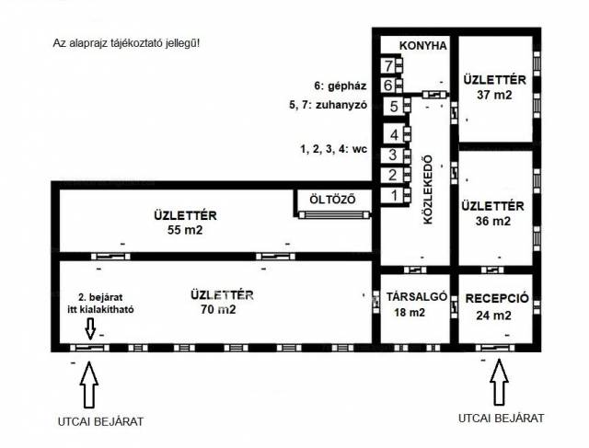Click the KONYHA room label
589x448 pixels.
423,45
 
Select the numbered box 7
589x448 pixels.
389,65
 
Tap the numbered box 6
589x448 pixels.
389,86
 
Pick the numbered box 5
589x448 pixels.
394,106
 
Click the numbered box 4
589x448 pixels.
393,135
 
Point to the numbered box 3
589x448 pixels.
393,155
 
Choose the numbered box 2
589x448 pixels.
393,175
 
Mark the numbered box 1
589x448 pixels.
393,195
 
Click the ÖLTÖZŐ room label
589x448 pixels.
332,200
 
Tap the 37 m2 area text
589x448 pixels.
495,94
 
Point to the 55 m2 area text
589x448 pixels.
185,230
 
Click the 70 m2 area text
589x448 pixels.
219,309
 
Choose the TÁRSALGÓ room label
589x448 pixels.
417,297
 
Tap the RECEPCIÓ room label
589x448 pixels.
495,299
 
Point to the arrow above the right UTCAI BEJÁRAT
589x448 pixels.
500,385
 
